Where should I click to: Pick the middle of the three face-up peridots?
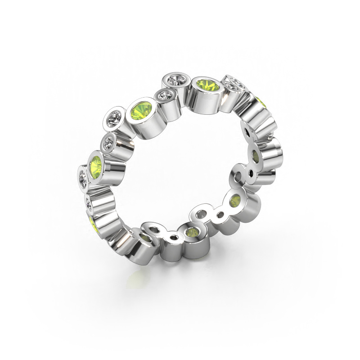pos(141,110)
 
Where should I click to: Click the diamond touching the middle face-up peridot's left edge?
pos(113,118)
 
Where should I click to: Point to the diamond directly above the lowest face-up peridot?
pos(109,143)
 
